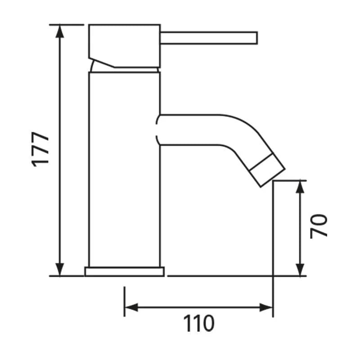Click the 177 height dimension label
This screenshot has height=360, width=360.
coord(42,149)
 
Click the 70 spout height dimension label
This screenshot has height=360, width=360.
coord(319,226)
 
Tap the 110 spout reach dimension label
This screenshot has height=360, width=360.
coord(198,323)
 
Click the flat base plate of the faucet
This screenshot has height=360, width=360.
coord(125,271)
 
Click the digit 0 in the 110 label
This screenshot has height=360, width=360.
coord(207,323)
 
